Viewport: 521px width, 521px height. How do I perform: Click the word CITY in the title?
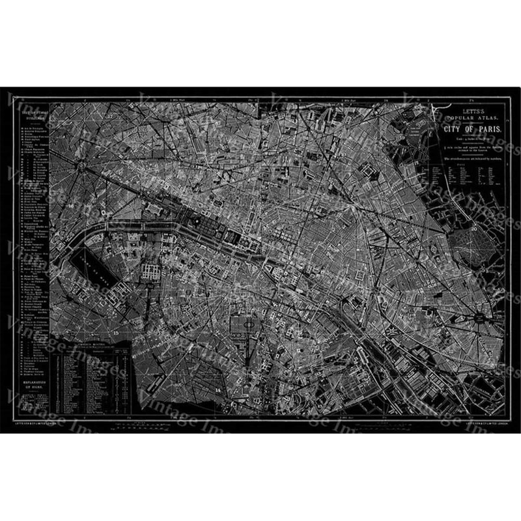(453, 130)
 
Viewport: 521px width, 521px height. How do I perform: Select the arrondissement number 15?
(116, 333)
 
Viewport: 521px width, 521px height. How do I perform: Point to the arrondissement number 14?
(218, 389)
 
